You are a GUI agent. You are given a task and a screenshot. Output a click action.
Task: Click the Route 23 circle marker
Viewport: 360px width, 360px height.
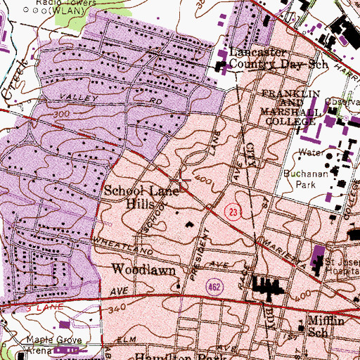[233, 212]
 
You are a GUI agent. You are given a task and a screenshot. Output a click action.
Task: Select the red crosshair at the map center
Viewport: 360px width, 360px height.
[181, 181]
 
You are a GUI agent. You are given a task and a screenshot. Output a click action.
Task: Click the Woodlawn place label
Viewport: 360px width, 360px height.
[138, 269]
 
